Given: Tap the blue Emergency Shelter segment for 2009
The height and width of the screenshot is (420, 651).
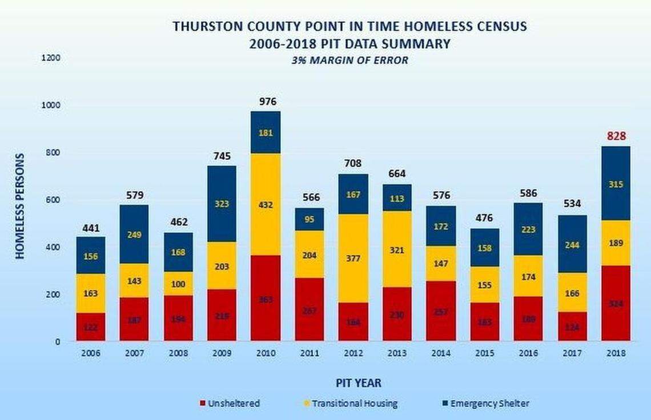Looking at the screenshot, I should coord(221,203).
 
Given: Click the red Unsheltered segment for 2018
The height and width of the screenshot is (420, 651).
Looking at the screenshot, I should coord(615,303).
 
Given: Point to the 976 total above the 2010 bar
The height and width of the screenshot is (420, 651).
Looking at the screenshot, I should coord(267,102).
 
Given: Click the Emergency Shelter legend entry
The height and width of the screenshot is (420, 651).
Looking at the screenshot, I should coord(484,403).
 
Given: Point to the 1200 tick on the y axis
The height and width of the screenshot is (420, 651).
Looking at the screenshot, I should coord(51,58).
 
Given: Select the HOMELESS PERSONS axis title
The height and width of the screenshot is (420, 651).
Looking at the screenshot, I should coord(20,206).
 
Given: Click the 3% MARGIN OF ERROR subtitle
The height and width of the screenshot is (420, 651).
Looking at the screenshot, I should coord(351,60).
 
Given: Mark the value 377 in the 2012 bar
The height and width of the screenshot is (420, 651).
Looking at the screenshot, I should coord(352,258).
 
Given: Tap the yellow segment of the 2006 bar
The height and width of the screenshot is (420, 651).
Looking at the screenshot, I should coord(91,293).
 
